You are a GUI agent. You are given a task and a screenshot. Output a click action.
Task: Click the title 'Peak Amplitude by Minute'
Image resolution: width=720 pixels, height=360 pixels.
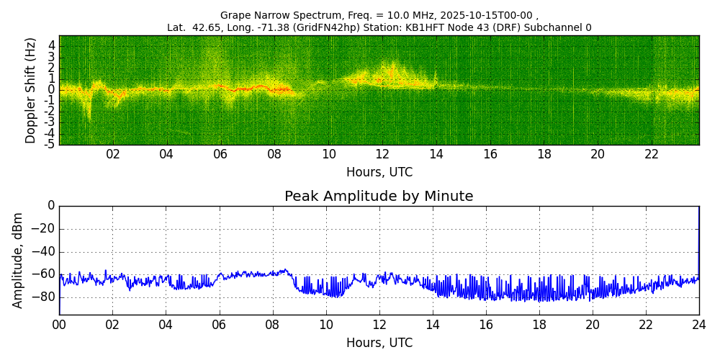point(379,197)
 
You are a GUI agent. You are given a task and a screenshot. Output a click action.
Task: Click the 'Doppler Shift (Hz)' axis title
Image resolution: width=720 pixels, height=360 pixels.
point(30,90)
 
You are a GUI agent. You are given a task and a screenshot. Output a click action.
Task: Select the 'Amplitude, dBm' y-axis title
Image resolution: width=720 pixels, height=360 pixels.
point(19,260)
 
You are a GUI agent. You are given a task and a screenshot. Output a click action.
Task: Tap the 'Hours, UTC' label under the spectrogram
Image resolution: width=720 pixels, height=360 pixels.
point(379,173)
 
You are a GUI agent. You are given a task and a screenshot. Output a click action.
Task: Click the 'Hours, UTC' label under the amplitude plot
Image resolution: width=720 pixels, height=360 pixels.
point(379,343)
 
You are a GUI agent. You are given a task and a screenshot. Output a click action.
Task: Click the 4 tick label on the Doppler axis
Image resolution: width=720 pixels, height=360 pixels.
point(51,45)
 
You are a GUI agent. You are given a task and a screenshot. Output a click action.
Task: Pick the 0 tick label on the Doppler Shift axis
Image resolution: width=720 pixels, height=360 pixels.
point(51,90)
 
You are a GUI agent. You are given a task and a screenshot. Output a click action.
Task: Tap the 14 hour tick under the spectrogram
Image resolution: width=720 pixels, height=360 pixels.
point(436,154)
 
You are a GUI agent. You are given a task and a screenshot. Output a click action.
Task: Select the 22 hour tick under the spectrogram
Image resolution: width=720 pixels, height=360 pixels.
point(652,154)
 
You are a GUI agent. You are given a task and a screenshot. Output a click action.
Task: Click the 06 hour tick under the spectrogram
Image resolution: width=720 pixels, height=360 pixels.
point(220,154)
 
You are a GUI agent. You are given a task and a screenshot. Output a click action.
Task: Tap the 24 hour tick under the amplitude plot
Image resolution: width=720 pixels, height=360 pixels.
point(699,325)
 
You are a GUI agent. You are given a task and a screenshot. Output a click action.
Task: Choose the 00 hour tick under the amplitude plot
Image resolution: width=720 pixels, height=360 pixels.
point(59,325)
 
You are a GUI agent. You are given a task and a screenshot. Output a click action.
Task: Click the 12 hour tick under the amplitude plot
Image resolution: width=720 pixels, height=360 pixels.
point(379,325)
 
